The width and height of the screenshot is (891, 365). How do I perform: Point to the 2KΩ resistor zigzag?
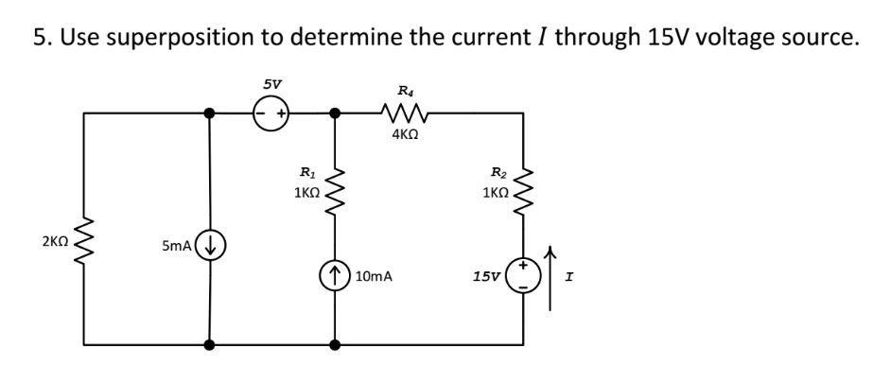[83, 244]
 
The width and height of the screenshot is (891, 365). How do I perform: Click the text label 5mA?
[178, 246]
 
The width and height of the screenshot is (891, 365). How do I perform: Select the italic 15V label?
[487, 277]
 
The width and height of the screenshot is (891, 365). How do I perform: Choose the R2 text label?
[498, 172]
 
